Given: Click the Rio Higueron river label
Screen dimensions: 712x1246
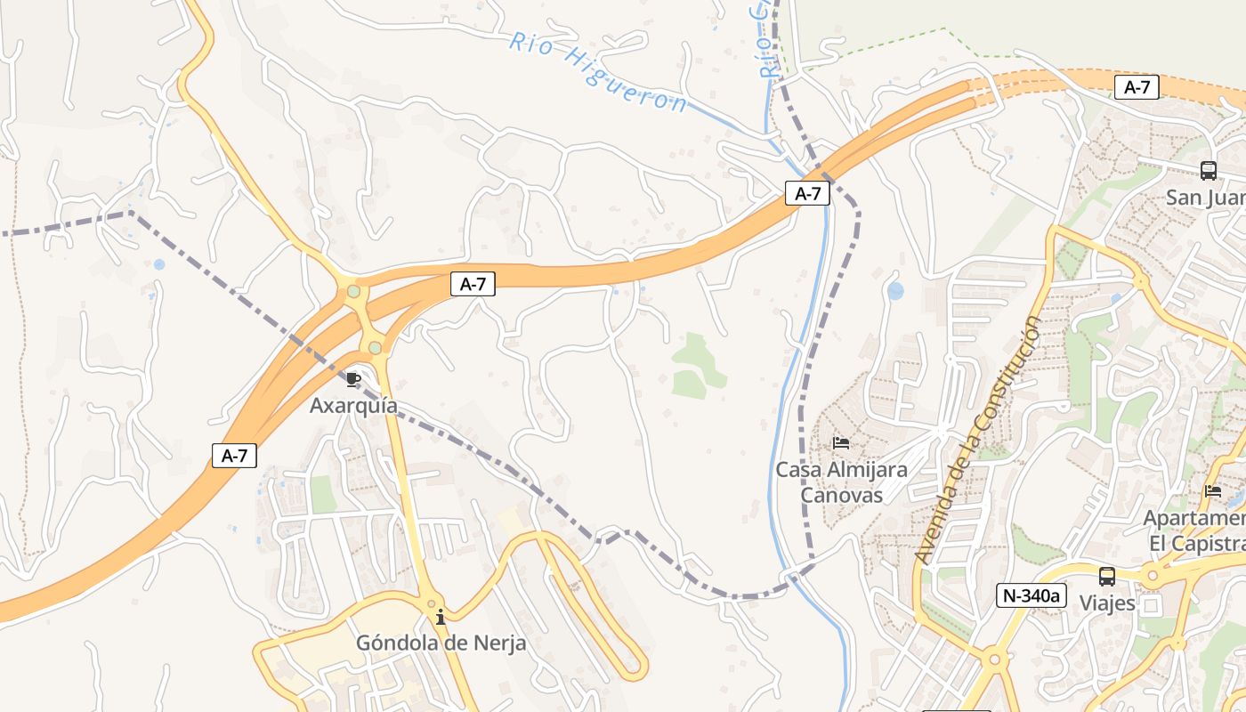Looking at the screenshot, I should click(x=598, y=73).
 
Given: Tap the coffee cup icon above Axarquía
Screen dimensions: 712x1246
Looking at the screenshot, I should click(x=353, y=380).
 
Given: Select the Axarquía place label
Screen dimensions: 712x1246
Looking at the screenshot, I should click(x=353, y=406).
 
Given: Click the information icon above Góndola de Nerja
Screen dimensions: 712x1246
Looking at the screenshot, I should click(x=441, y=616).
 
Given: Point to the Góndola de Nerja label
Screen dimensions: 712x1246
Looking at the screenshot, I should click(x=441, y=643).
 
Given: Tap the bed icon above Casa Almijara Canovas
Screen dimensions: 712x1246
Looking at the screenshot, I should click(x=841, y=442).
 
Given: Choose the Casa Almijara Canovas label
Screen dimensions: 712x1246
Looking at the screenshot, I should click(x=841, y=481).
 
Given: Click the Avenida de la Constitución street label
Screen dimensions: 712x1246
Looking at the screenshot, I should click(x=977, y=441).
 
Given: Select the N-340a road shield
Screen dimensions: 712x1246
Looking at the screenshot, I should click(x=1031, y=595).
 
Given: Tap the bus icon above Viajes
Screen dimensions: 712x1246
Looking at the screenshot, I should click(x=1107, y=577).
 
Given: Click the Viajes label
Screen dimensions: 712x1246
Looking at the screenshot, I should click(x=1107, y=603).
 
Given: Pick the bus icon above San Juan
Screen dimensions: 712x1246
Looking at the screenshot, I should click(x=1208, y=171).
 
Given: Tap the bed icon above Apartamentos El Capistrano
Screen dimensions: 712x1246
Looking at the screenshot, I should click(x=1212, y=490).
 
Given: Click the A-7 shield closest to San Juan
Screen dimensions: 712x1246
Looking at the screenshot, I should click(x=1137, y=87).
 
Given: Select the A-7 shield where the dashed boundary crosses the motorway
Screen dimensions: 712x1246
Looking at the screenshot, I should click(x=807, y=193).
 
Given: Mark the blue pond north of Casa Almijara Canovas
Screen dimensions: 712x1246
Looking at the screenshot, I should click(x=895, y=290).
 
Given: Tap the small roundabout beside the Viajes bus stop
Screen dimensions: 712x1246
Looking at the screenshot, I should click(x=1153, y=576).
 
